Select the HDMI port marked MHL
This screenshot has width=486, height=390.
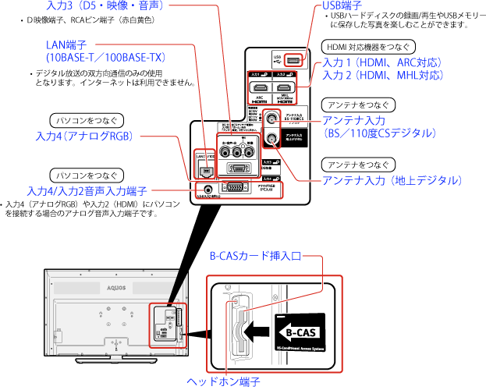tap(286, 88)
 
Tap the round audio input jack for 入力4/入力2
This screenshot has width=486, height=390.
tap(207, 187)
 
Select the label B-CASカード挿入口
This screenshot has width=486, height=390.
tap(254, 256)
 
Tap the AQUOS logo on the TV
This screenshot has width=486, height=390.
tap(60, 287)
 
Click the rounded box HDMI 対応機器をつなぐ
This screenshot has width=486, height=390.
tap(367, 46)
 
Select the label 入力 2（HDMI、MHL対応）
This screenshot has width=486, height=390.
tap(382, 76)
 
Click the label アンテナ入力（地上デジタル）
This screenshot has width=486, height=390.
tap(392, 181)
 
